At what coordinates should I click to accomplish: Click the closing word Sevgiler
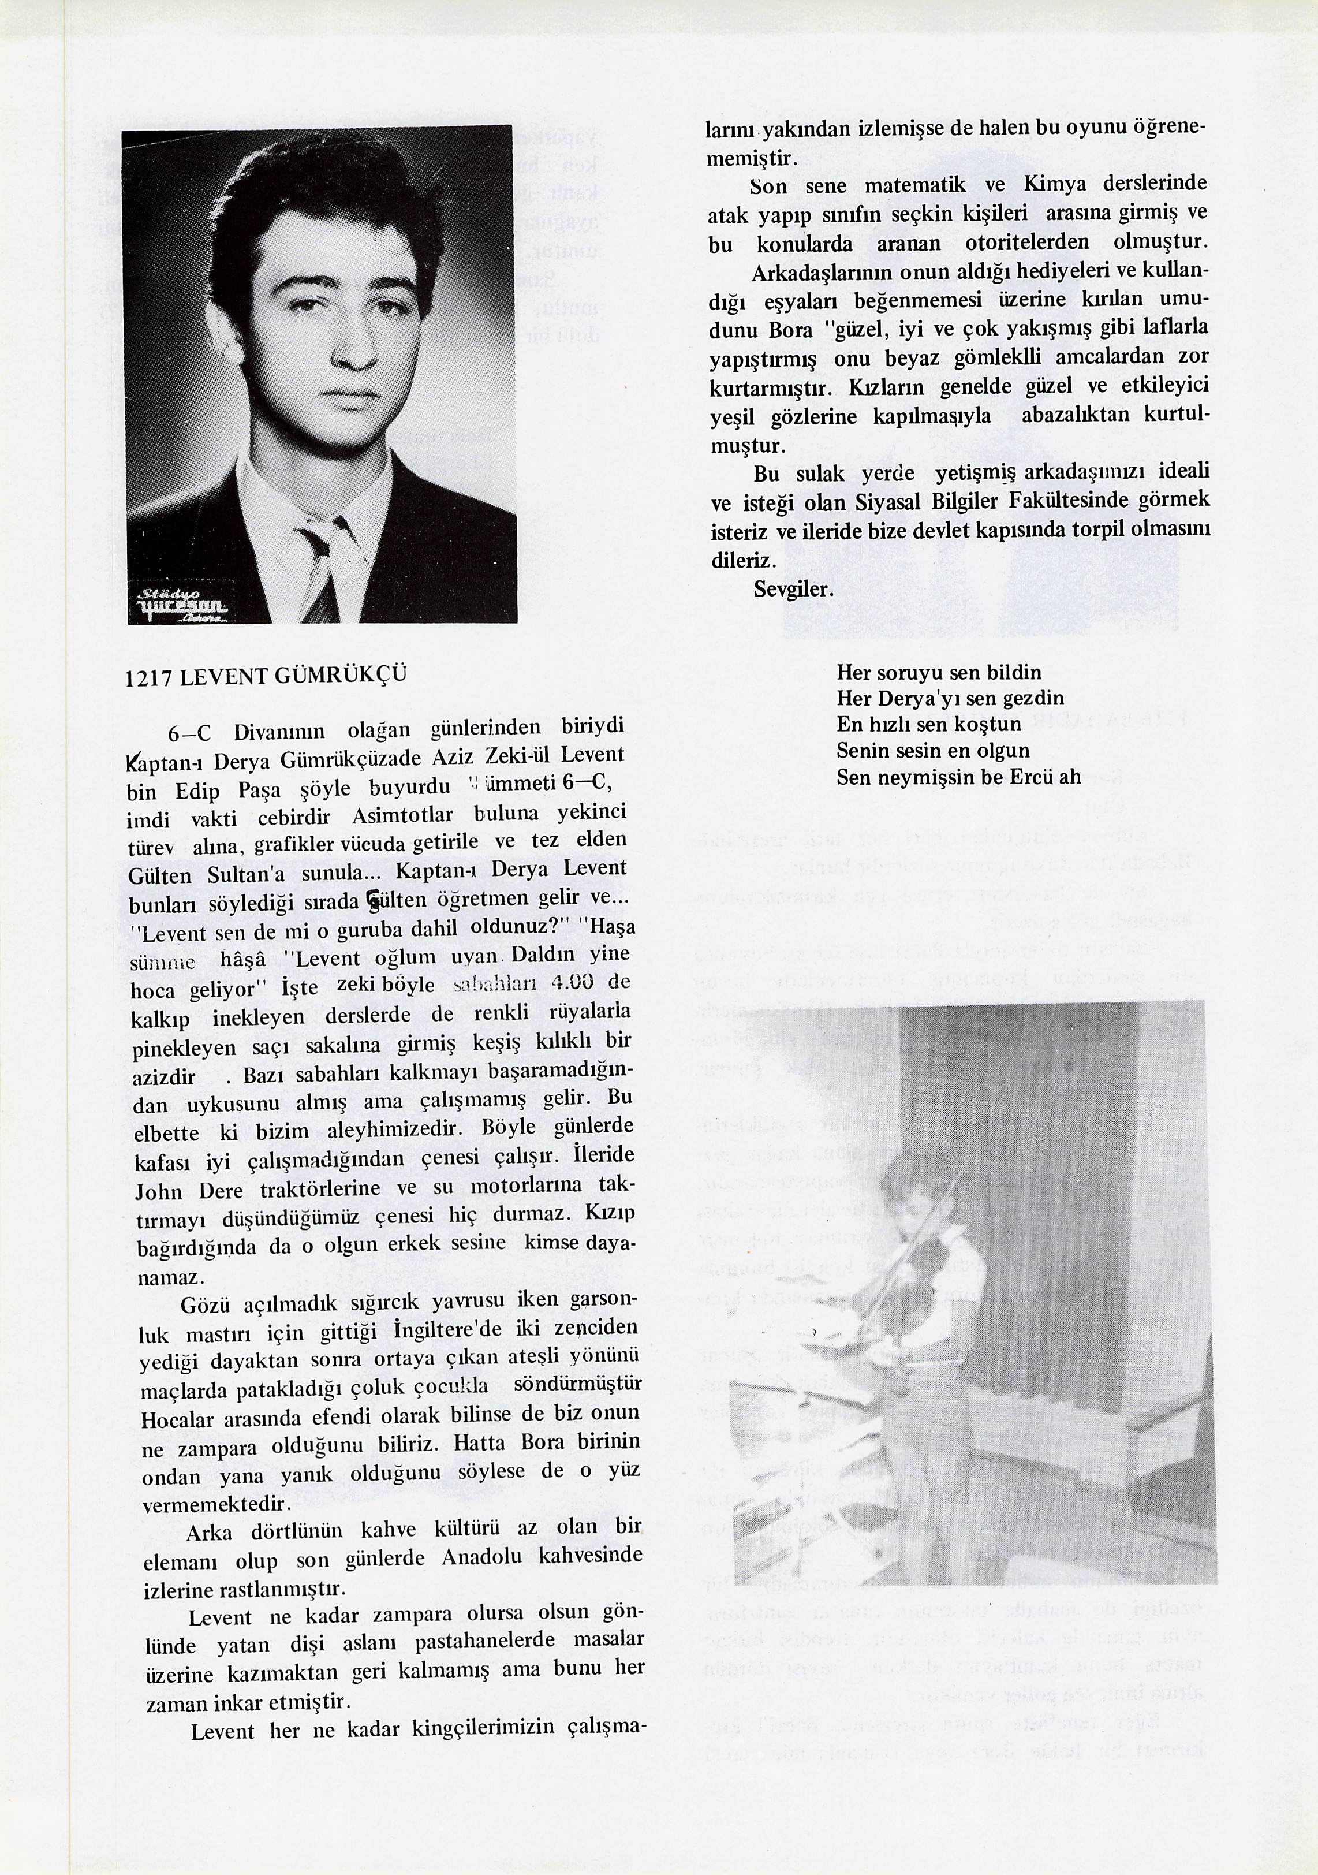[x=793, y=589]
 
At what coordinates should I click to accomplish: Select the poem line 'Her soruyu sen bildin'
[x=939, y=673]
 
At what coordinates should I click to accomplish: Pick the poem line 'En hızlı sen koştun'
[x=928, y=724]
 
